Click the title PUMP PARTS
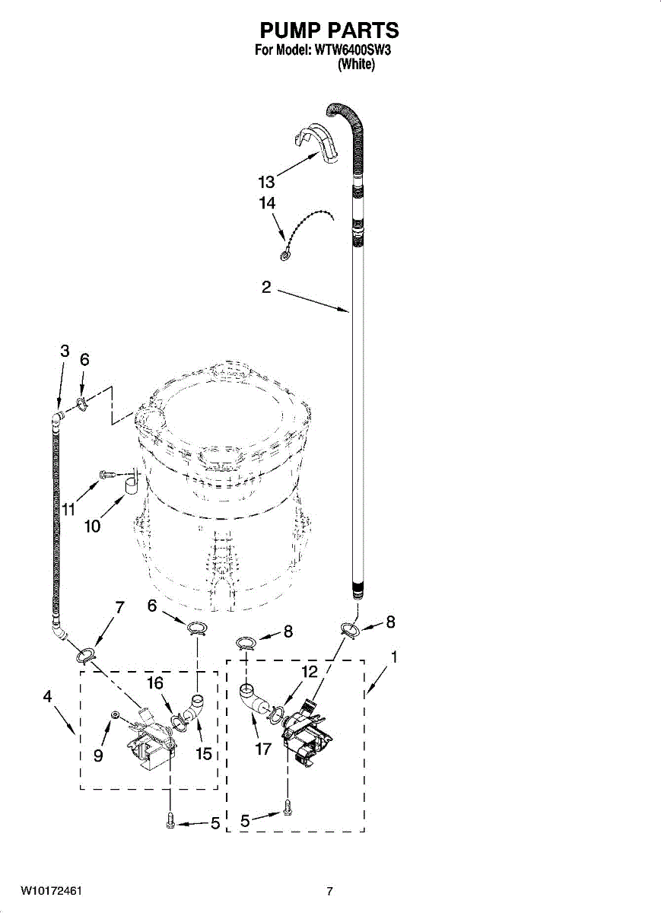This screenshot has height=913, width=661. point(329,30)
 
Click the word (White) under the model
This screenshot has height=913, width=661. point(356,65)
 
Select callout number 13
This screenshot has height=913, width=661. point(266,183)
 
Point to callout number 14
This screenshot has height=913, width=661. point(266,204)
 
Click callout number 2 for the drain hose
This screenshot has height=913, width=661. point(266,288)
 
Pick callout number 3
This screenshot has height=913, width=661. point(65,351)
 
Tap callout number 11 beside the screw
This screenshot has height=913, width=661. point(69,509)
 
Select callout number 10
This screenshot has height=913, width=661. point(93,526)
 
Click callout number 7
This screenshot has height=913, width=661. point(119,607)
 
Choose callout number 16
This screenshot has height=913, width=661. point(155,683)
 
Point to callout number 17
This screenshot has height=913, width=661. point(263,749)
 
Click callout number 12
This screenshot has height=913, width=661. point(309,672)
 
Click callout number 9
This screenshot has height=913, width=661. point(98,756)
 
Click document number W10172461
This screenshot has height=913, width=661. point(52,891)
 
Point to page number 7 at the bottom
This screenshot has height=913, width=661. point(329,892)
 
